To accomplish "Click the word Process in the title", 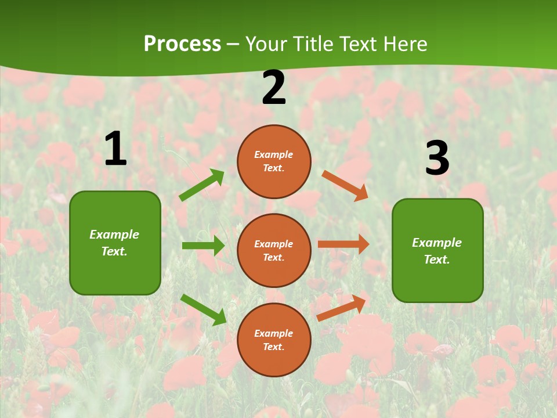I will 182,44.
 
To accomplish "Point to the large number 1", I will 115,149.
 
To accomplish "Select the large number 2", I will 274,88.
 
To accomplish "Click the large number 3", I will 437,158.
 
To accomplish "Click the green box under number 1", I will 115,243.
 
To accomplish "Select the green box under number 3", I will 437,250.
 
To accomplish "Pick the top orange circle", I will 274,161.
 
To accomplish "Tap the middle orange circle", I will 274,250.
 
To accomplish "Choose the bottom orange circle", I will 274,340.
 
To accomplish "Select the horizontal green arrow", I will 203,246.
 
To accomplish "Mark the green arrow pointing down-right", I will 203,309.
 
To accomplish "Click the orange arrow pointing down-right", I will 345,185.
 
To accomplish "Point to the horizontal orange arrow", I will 343,244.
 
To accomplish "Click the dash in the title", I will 233,44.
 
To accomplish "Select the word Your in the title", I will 267,44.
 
